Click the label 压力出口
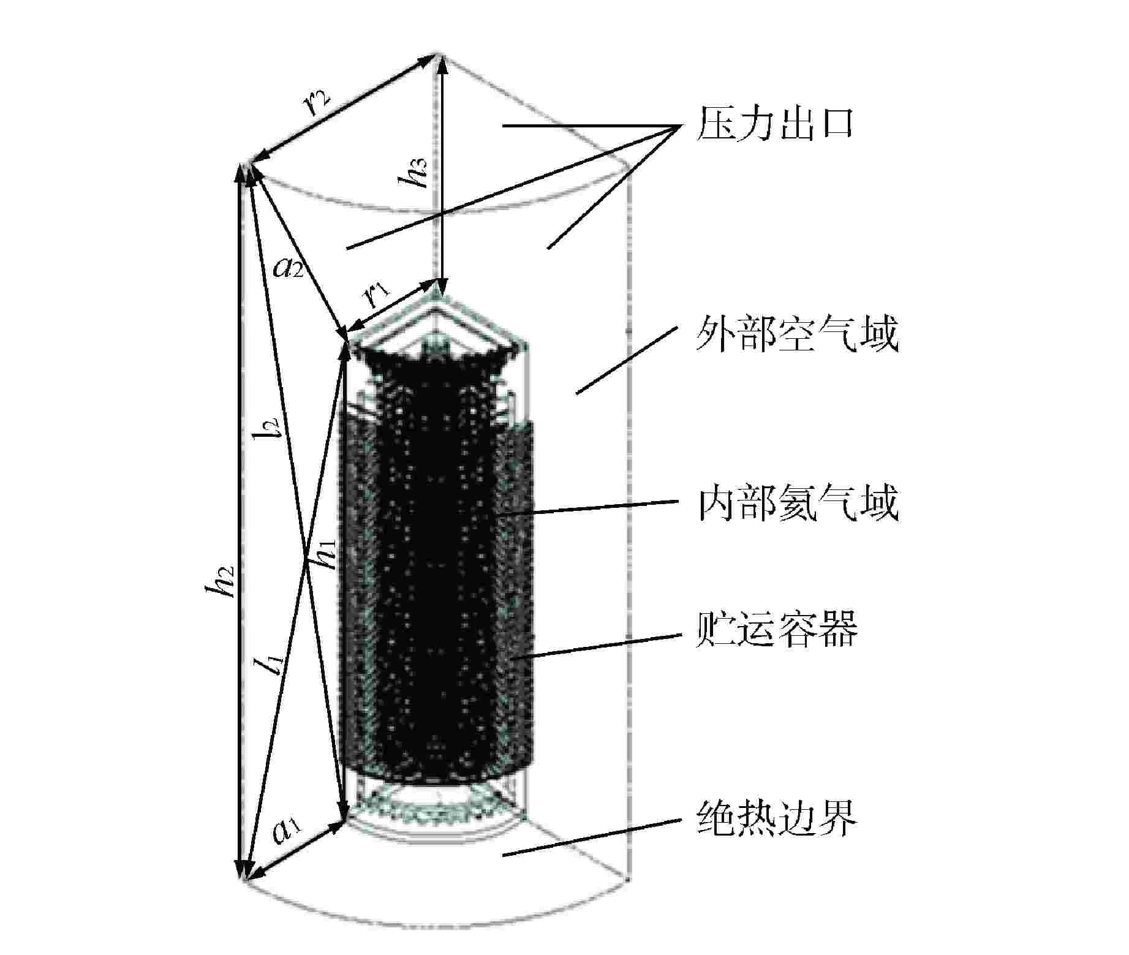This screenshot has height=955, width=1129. (774, 126)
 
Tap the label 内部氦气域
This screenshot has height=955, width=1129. (797, 503)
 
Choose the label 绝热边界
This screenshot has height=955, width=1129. (776, 819)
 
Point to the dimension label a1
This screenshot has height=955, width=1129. (286, 831)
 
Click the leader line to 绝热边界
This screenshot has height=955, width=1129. (592, 837)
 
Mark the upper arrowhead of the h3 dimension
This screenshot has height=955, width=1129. (439, 61)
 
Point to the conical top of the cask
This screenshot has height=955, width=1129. (437, 322)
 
